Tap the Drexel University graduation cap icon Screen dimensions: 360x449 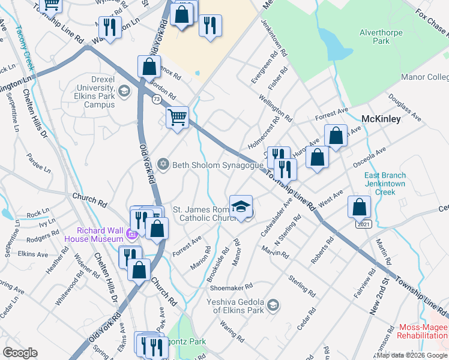point(124,92)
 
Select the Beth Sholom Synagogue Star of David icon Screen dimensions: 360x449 point(163,164)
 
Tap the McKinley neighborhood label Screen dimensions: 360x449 point(381,119)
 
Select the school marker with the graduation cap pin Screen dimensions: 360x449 point(241,206)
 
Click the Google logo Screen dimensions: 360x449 point(20,353)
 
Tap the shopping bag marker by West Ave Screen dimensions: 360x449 point(359,207)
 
